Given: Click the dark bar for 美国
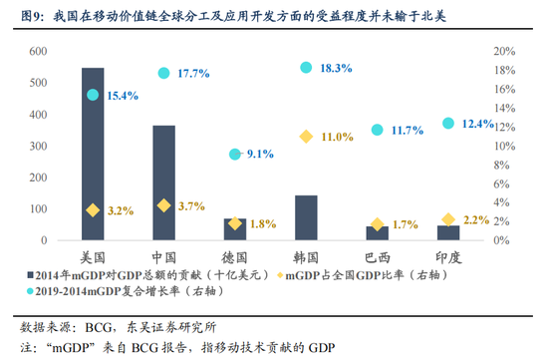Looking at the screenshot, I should coord(93,155).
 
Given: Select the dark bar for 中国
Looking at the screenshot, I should coord(163,183).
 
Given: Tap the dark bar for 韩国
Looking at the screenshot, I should coord(306,218).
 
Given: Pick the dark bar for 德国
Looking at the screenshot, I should coord(235,229).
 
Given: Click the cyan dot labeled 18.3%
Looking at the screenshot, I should coord(306,67).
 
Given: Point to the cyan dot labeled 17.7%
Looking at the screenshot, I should coord(163,73).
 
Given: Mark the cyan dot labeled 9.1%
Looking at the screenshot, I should coord(235,155).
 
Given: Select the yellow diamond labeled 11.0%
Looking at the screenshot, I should coord(306,136).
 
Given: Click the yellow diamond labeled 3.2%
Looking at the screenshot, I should coord(93,210).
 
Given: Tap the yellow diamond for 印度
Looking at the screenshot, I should coord(448,219).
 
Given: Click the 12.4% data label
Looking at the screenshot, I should coord(477,124).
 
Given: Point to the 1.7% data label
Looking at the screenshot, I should coord(405,225).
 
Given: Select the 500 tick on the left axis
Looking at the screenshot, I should coord(36,83).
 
